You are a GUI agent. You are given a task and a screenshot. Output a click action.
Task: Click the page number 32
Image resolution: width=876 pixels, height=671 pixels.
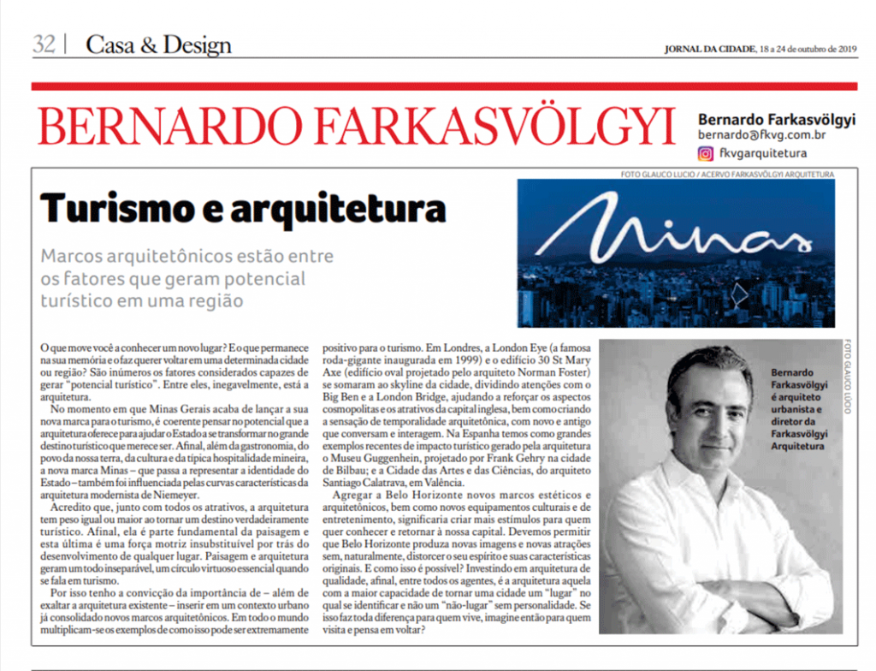[x=44, y=45]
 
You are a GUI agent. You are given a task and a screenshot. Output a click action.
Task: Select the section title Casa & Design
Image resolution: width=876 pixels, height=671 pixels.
[x=158, y=45]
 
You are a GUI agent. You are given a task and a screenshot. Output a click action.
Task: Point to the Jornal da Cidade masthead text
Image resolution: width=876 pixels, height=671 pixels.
[x=709, y=48]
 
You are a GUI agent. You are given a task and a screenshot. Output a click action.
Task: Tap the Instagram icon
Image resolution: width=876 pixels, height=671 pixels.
[x=706, y=154]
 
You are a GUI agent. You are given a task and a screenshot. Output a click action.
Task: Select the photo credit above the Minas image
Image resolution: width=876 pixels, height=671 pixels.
[x=728, y=175]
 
